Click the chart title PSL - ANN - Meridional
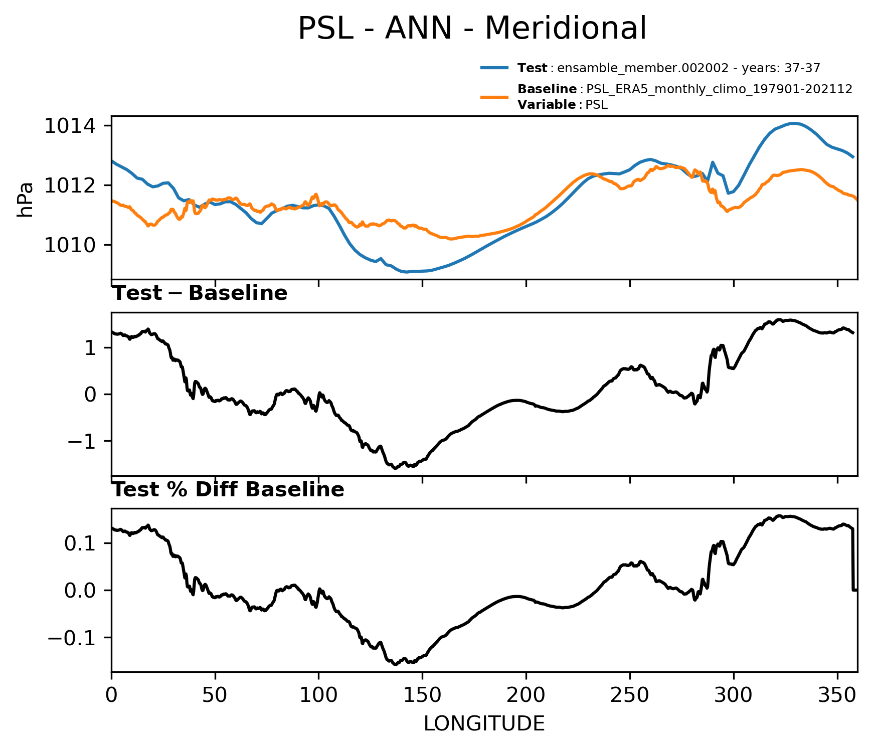tap(472, 29)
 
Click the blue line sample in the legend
tap(494, 68)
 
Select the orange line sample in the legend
tap(494, 97)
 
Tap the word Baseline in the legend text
tap(547, 89)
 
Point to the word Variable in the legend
tap(547, 105)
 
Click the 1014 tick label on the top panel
tap(71, 125)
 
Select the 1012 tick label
tap(71, 185)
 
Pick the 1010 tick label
tap(71, 245)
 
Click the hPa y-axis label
tap(25, 200)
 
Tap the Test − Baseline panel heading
tap(200, 293)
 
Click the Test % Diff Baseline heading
tap(228, 490)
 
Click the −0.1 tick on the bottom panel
tap(73, 638)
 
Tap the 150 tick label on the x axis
tap(422, 695)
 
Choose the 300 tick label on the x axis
tap(734, 695)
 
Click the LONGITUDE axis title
tap(484, 724)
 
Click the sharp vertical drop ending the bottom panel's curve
tap(853, 559)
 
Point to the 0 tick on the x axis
tap(111, 695)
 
